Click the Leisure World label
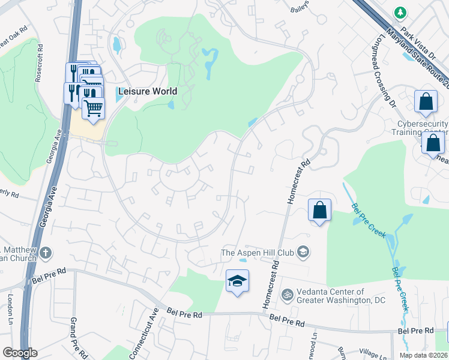[147, 91]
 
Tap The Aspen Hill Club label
[259, 253]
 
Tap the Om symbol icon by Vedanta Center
[287, 295]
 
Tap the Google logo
[19, 353]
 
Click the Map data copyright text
[423, 355]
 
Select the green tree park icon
[400, 12]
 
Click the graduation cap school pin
[237, 281]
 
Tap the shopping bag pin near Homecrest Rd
[319, 211]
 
